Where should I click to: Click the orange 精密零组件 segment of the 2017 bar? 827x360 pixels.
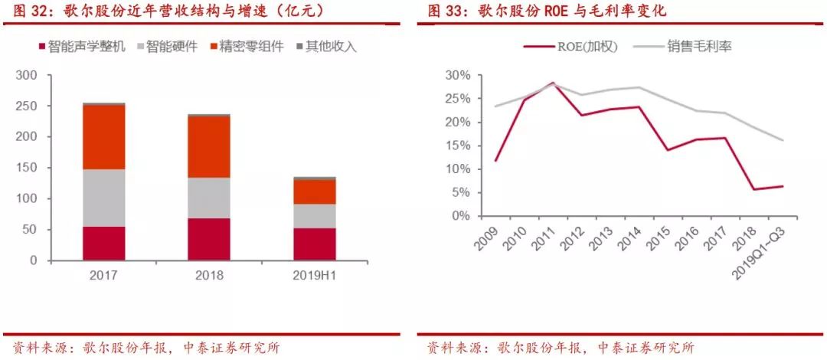coord(104,137)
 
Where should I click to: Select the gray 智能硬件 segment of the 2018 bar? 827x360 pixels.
coord(208,198)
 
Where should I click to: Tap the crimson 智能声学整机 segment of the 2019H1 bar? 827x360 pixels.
coord(313,244)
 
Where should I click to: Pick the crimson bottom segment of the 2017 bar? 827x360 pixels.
coord(104,243)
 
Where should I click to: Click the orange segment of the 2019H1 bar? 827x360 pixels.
coord(313,191)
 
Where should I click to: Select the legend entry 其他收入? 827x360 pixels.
coord(325,46)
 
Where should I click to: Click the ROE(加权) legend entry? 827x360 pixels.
coord(563,46)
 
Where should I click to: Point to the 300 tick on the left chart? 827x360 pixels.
coord(27,75)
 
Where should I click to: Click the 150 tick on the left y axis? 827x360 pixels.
coord(27,168)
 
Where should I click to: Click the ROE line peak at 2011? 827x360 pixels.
coord(552,83)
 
